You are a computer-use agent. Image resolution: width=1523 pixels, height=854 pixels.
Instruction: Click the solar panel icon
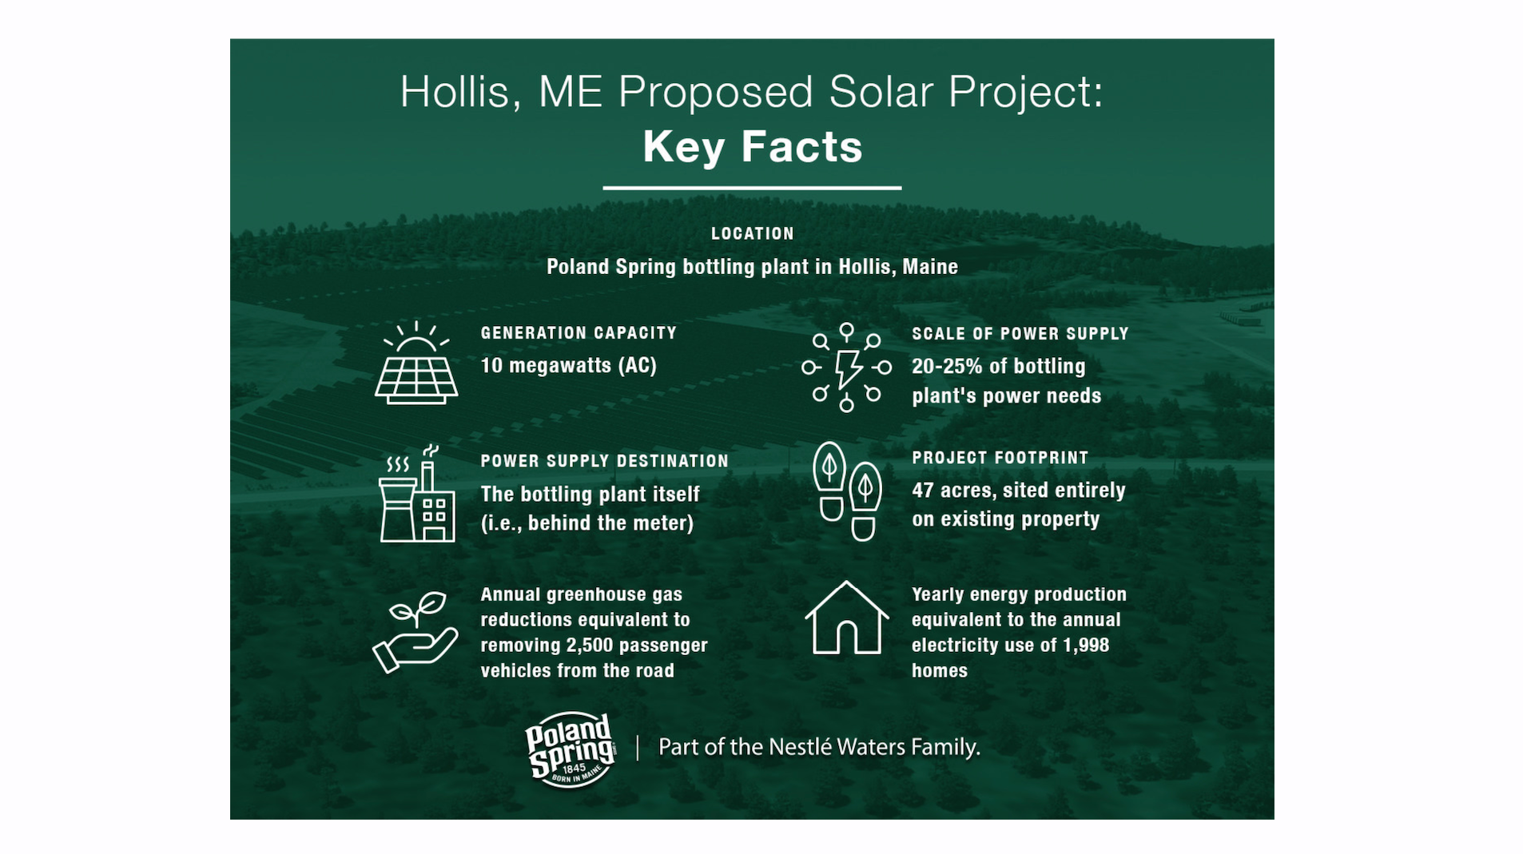tap(416, 363)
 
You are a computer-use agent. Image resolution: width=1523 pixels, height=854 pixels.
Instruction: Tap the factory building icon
tap(417, 494)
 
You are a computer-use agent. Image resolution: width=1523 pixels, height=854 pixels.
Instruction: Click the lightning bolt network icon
tap(846, 367)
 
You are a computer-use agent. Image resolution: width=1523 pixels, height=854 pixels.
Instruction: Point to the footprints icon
tap(847, 491)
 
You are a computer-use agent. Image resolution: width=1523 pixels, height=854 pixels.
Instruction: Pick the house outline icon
tap(846, 618)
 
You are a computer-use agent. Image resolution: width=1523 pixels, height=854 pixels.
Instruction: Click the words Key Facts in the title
tap(753, 147)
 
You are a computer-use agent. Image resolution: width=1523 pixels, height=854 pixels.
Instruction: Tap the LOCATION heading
tap(753, 234)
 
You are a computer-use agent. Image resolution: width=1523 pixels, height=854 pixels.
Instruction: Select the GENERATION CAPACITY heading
tap(579, 333)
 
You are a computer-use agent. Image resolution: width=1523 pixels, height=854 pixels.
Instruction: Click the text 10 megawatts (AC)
tap(568, 366)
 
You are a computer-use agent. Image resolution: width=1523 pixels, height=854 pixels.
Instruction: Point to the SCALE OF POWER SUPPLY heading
tap(1020, 334)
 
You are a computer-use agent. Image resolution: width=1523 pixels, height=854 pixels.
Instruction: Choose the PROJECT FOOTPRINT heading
tap(1000, 458)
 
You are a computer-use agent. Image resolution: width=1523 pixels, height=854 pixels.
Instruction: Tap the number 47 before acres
tap(923, 491)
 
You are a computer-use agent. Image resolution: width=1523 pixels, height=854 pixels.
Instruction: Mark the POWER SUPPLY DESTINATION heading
tap(605, 461)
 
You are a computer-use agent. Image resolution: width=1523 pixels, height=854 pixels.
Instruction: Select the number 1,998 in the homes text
tap(1086, 645)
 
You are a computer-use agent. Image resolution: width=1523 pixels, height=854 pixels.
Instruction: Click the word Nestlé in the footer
tap(800, 747)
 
